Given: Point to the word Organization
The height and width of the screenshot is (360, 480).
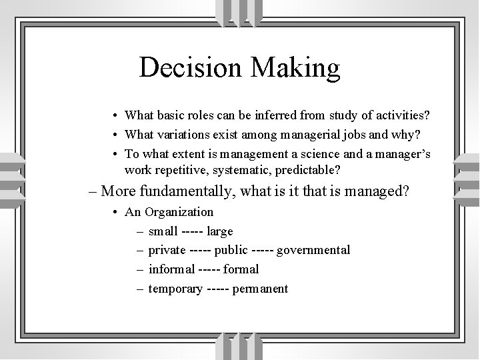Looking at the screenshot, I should tap(179, 213).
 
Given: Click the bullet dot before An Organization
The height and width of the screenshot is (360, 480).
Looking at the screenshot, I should tap(116, 213).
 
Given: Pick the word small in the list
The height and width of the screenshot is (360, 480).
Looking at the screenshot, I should tap(163, 231).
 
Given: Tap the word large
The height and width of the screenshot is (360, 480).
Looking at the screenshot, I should tap(220, 231).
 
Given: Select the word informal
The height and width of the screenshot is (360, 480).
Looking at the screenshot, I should tap(171, 269).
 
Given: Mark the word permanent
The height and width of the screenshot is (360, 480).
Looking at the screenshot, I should tap(260, 289).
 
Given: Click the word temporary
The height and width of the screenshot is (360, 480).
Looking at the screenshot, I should tap(175, 289).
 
